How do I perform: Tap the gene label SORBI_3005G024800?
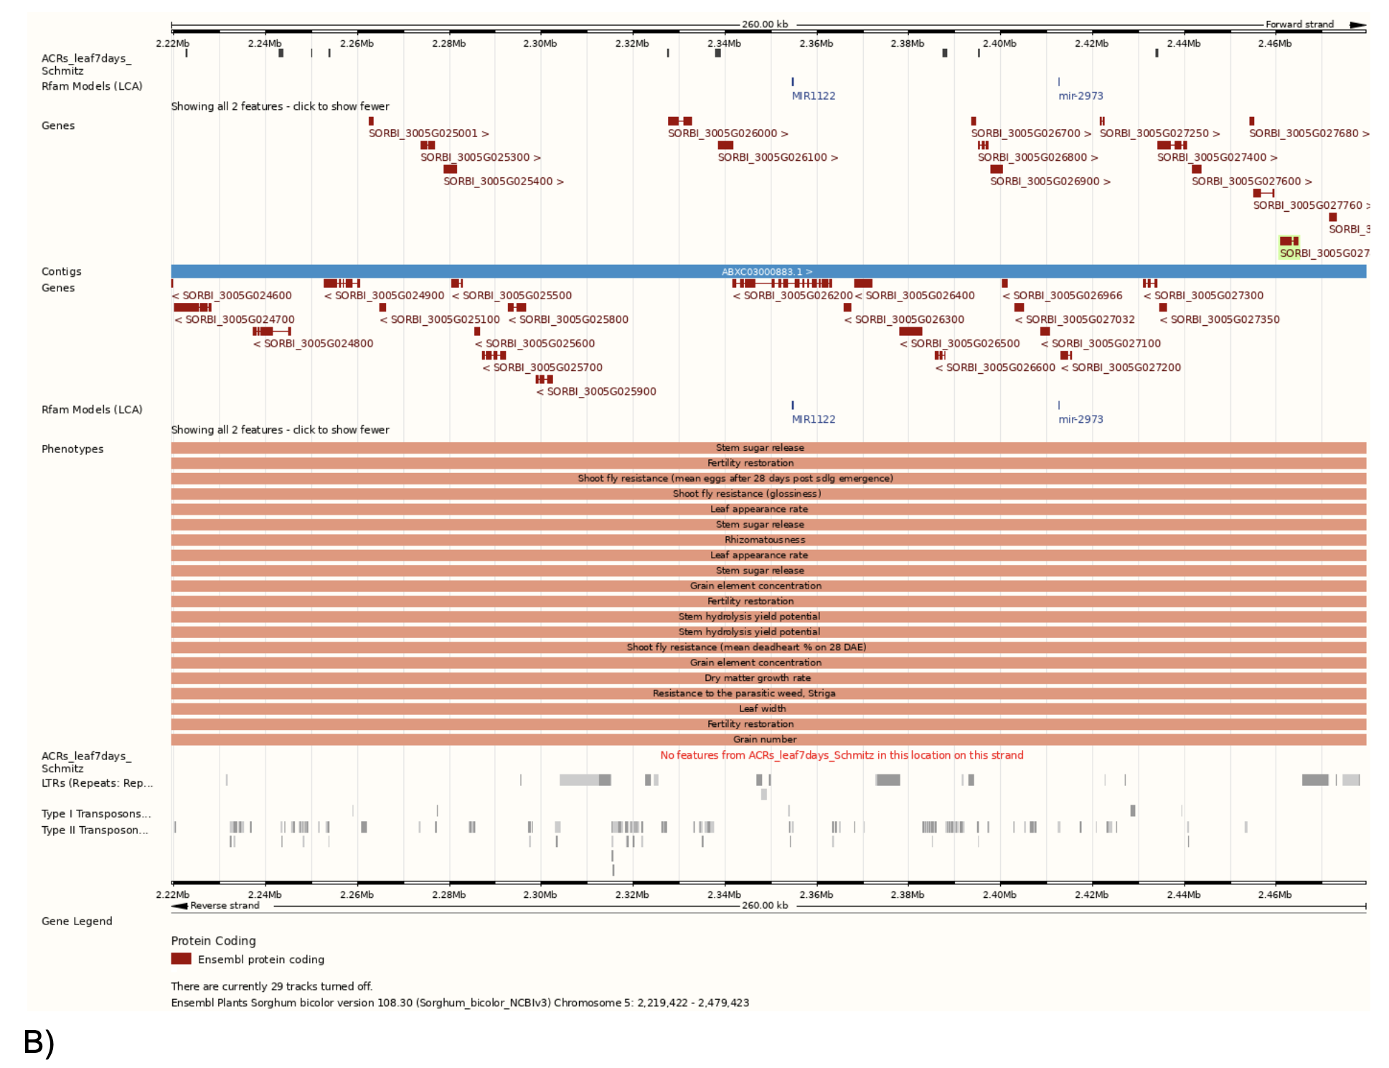[x=314, y=344]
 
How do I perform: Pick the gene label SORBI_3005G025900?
[x=596, y=392]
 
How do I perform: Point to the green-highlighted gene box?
[x=1289, y=241]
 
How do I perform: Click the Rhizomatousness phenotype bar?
[x=765, y=540]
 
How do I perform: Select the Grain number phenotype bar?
[x=765, y=739]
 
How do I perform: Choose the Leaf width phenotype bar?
[x=763, y=708]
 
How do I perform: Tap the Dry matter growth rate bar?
[x=758, y=678]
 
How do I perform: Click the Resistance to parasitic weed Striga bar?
[x=744, y=693]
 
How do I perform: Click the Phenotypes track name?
[x=72, y=449]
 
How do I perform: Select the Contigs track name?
[x=62, y=272]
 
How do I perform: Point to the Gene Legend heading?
[x=77, y=922]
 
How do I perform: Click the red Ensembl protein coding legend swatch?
[x=181, y=959]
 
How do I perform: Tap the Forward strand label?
[x=1299, y=24]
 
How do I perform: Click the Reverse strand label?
[x=225, y=906]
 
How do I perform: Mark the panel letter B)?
[x=39, y=1042]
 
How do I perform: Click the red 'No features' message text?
[x=842, y=755]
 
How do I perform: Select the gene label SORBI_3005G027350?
[x=1220, y=320]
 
